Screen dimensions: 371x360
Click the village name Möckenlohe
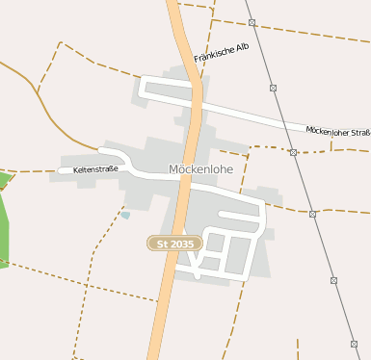[200, 169]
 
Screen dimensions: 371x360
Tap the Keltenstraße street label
[95, 169]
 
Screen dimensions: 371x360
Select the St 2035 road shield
[174, 244]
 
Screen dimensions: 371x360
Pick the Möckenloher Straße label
[338, 130]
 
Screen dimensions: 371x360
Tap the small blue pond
[125, 215]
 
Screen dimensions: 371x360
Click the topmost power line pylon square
[252, 22]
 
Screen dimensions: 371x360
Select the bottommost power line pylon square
[354, 343]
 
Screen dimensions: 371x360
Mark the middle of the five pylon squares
[293, 152]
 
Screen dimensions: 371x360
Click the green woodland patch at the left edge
[3, 221]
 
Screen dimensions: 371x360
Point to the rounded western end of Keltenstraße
[62, 170]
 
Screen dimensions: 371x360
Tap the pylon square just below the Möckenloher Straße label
[293, 152]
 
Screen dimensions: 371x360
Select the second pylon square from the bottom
[333, 280]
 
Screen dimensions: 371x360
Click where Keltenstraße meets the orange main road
[184, 175]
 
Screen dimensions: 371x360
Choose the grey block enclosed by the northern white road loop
[169, 90]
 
